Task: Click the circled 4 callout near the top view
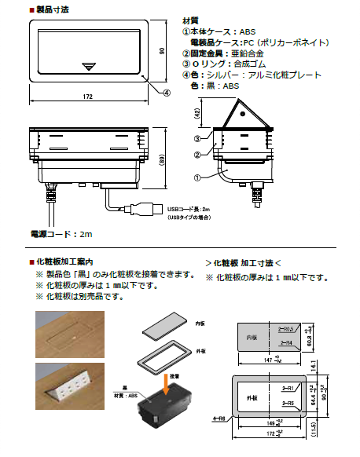click(167, 92)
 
